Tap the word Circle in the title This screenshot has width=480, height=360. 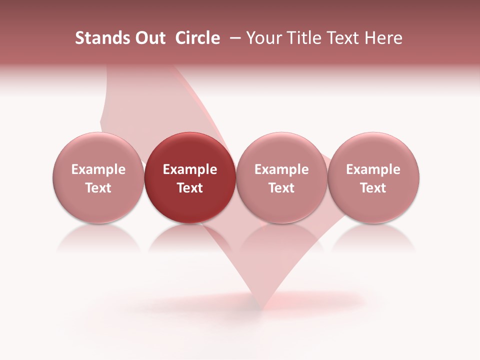(197, 38)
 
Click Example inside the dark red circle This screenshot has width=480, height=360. (190, 169)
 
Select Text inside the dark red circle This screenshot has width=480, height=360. (190, 188)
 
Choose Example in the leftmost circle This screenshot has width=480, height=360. (98, 169)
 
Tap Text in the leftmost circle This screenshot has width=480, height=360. (98, 188)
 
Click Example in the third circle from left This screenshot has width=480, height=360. (281, 169)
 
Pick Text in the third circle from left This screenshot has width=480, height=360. (281, 188)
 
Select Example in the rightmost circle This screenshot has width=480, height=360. (373, 169)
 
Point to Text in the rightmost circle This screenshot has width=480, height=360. (373, 188)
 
